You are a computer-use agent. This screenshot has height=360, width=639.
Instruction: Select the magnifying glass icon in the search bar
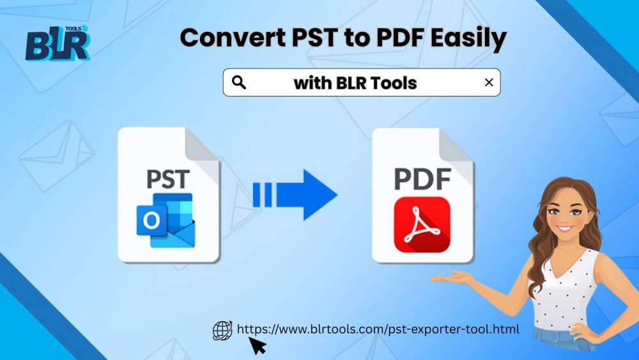coord(239,82)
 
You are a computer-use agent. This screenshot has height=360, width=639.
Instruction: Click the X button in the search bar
coord(489,82)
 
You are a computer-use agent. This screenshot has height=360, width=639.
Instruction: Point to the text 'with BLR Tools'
coord(355,83)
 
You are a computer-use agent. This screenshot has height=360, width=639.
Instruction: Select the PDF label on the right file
coord(422,179)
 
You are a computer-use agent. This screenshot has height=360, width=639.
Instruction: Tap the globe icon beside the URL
coord(222,330)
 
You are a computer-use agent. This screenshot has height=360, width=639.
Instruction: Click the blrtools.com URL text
coord(378,329)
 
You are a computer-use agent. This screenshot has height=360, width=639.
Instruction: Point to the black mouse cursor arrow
coord(256,345)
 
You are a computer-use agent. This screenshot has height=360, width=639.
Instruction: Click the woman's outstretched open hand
coord(450,277)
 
